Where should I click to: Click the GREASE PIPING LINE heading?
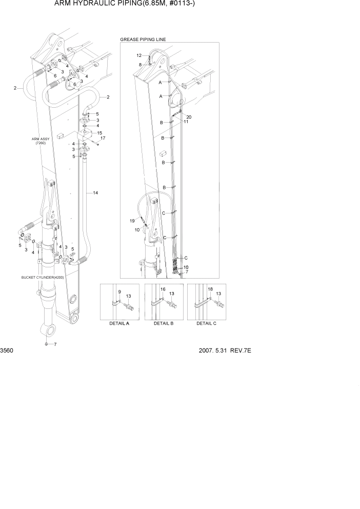tap(143, 40)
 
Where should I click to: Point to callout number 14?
tap(95, 193)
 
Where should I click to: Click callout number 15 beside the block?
tap(100, 133)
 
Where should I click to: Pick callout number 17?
tap(103, 139)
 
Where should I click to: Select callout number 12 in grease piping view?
tap(139, 55)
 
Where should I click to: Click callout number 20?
tap(189, 116)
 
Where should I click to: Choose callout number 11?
tap(186, 122)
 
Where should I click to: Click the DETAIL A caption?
tap(119, 324)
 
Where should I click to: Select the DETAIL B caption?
tap(164, 324)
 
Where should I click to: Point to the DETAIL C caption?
tap(207, 324)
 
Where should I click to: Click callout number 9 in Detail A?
tap(119, 292)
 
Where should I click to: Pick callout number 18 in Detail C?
tap(210, 289)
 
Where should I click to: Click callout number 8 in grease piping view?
tap(140, 64)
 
